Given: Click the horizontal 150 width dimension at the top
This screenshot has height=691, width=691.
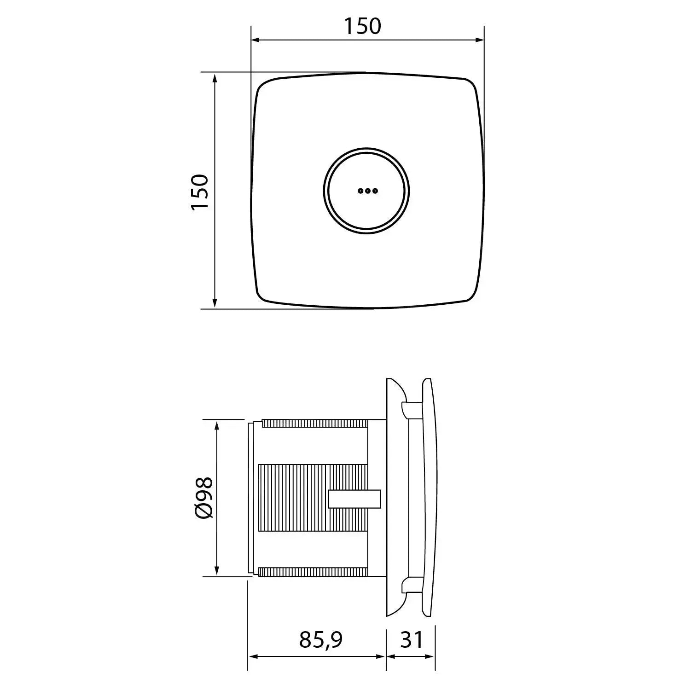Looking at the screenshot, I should [x=363, y=26].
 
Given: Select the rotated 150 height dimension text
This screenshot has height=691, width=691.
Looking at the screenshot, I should [x=200, y=192].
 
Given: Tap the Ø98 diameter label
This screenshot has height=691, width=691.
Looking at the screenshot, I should [x=203, y=498].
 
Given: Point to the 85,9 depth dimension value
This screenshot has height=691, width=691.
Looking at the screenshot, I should [x=321, y=639].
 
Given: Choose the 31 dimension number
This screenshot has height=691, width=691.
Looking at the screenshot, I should [x=411, y=639].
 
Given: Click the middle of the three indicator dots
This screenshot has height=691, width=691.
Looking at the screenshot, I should [x=367, y=191].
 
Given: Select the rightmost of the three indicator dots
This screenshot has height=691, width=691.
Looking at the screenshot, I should [x=375, y=191].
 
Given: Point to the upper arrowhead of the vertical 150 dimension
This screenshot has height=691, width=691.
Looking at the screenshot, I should [x=215, y=77].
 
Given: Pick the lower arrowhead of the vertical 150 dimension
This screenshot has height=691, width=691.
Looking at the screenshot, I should [x=215, y=303].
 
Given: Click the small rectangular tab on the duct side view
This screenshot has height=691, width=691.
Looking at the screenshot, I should [x=355, y=499].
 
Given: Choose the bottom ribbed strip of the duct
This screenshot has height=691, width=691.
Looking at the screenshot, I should [x=313, y=572].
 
